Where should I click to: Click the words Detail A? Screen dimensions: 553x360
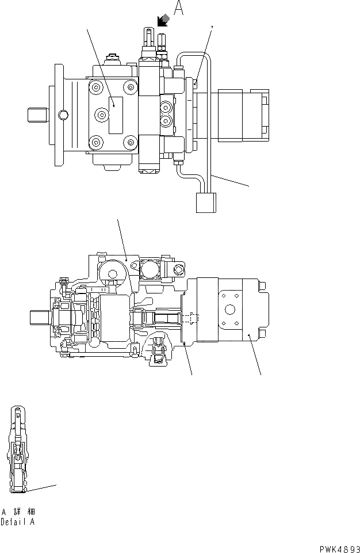18,523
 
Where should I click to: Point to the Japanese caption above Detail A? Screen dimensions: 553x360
18,512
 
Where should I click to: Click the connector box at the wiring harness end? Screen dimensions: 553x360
205,203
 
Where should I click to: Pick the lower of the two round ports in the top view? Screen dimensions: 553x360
166,120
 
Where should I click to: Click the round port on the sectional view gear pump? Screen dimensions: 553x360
230,310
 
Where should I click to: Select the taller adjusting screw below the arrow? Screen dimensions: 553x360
147,39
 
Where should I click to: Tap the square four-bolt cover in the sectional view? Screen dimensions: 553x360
151,268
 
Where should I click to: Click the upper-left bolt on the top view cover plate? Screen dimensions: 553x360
94,87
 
